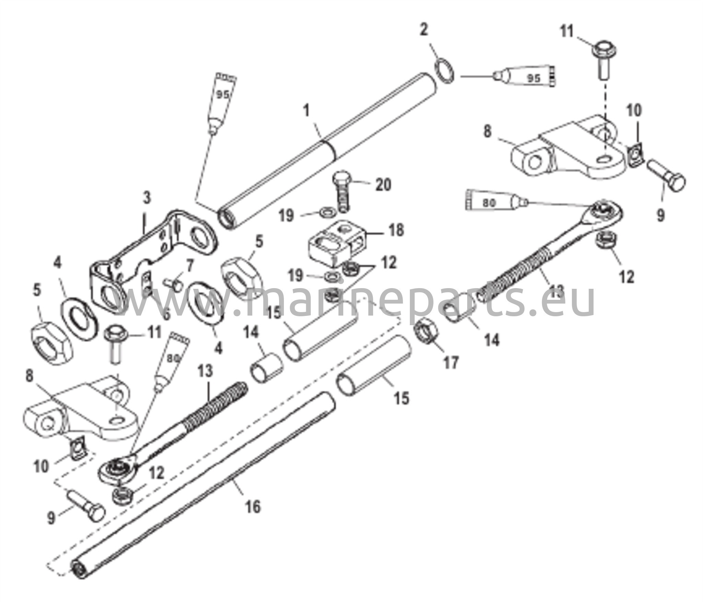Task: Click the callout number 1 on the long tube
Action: pyautogui.click(x=307, y=112)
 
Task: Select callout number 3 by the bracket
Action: pyautogui.click(x=147, y=198)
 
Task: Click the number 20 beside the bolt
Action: pyautogui.click(x=382, y=185)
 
